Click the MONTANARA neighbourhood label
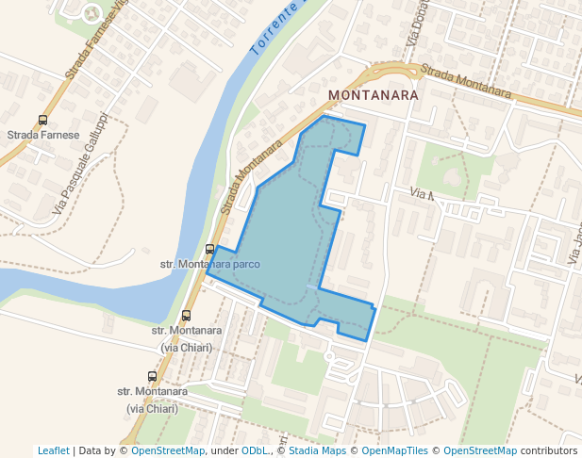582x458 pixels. (x=373, y=95)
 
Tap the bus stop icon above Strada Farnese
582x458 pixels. (x=42, y=121)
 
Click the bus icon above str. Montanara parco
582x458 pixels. (x=209, y=249)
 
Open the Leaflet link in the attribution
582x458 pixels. (x=53, y=450)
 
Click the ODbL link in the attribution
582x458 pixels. (x=255, y=450)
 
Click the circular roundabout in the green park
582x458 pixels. (x=91, y=13)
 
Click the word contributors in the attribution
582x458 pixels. (x=548, y=450)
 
